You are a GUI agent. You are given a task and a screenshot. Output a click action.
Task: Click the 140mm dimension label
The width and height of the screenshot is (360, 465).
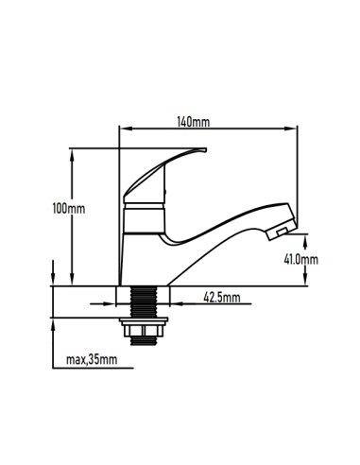193,122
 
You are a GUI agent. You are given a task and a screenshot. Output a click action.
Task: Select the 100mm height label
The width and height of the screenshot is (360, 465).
71,208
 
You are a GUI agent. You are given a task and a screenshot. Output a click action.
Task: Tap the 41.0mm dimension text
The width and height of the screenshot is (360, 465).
302,257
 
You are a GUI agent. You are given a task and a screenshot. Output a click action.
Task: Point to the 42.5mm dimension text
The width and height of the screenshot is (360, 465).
222,298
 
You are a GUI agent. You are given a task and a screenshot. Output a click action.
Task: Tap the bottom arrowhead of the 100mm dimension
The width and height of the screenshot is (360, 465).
73,279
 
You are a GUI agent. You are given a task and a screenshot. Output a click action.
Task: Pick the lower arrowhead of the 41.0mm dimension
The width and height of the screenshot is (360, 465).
304,279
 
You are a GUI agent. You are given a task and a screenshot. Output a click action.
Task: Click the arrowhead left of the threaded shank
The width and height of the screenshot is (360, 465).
126,304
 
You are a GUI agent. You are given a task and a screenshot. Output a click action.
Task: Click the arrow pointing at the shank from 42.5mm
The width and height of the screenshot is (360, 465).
174,304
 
